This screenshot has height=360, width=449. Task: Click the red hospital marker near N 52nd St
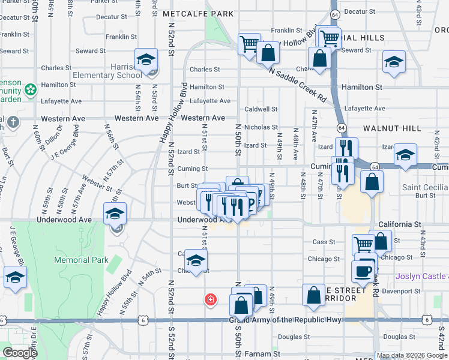[x=210, y=299]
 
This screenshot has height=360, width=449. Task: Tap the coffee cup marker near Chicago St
[x=364, y=271]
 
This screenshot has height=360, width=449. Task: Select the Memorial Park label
[x=81, y=260]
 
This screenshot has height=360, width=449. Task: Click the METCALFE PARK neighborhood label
[x=189, y=13]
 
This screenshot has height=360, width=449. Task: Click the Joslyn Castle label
[x=422, y=277]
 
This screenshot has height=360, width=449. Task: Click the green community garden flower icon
[x=30, y=91]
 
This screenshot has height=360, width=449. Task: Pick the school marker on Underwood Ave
[x=115, y=214]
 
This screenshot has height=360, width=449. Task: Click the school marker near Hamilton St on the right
[x=394, y=63]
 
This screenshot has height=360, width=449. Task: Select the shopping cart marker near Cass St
[x=364, y=244]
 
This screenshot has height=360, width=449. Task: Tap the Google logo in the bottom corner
[x=19, y=353]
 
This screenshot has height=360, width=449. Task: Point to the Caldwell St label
[x=261, y=109]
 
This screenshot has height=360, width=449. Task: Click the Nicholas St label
[x=261, y=127]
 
